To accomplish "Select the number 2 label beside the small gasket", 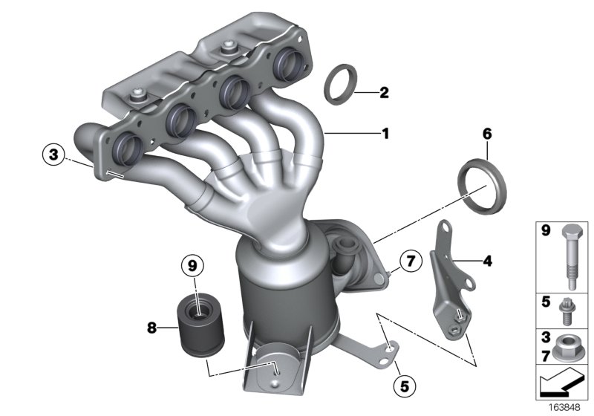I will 384,93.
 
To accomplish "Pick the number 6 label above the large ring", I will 486,134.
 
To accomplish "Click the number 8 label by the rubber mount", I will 151,325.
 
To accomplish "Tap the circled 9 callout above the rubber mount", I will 192,264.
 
